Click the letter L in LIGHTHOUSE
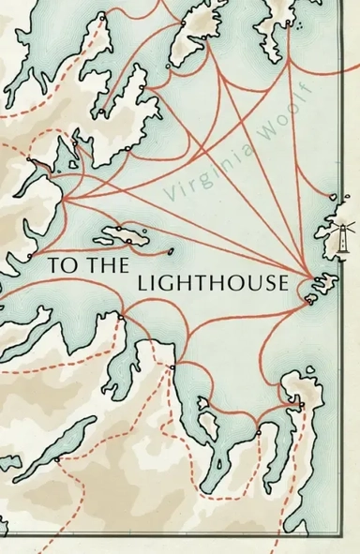click(143, 285)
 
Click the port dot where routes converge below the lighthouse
click(313, 277)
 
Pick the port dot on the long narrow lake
click(58, 458)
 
